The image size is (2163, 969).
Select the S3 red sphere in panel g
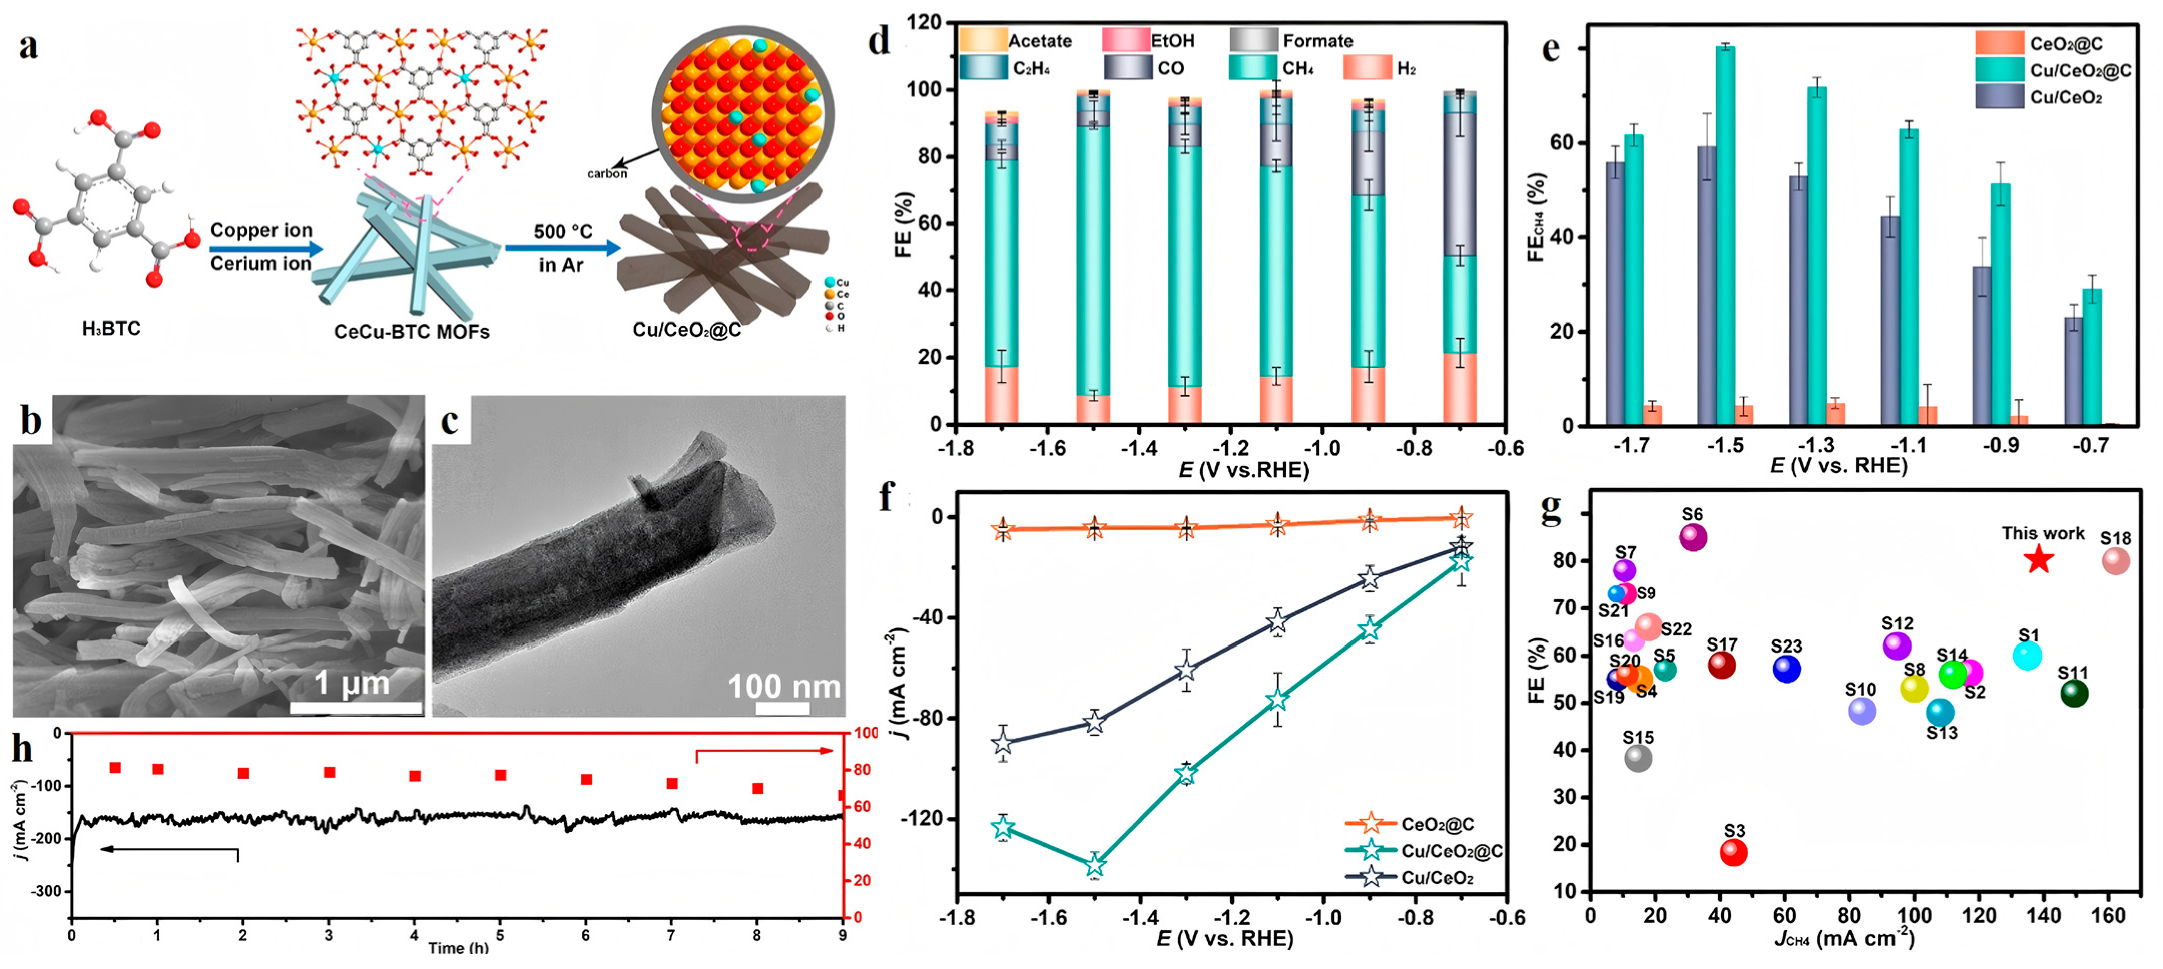point(1733,852)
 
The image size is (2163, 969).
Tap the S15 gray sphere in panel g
point(1638,757)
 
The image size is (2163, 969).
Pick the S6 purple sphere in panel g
point(1693,537)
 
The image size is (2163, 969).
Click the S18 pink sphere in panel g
point(2115,561)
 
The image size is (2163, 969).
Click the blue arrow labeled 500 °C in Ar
point(563,248)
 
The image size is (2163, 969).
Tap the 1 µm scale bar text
point(352,683)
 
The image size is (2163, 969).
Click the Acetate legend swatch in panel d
point(982,40)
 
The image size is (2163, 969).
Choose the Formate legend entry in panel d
point(1316,40)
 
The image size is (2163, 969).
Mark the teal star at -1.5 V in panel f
point(1094,864)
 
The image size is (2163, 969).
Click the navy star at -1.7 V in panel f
point(1002,743)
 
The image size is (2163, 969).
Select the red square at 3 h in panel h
point(329,772)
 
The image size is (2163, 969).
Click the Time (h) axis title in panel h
point(458,948)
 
